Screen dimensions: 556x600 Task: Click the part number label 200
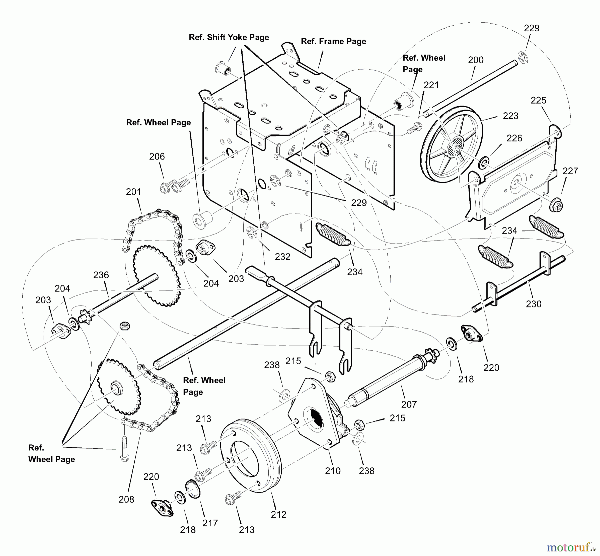click(x=476, y=60)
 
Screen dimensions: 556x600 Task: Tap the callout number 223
click(x=510, y=116)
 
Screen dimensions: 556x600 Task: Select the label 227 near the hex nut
click(x=570, y=171)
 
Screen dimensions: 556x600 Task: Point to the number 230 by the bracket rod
click(x=534, y=304)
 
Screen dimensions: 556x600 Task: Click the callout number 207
click(x=409, y=404)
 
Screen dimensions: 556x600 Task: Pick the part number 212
click(x=279, y=514)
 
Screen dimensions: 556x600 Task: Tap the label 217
click(x=210, y=523)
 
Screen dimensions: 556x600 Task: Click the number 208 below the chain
click(x=126, y=499)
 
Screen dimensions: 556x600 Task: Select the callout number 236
click(x=101, y=275)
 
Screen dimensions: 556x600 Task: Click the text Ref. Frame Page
click(x=333, y=41)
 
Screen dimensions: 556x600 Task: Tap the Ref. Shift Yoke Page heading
click(x=229, y=37)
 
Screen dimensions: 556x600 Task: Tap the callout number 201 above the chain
click(x=133, y=192)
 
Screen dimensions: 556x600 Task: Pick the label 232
click(x=283, y=257)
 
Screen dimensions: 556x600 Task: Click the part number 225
click(x=538, y=100)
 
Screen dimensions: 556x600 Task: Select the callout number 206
click(x=157, y=156)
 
